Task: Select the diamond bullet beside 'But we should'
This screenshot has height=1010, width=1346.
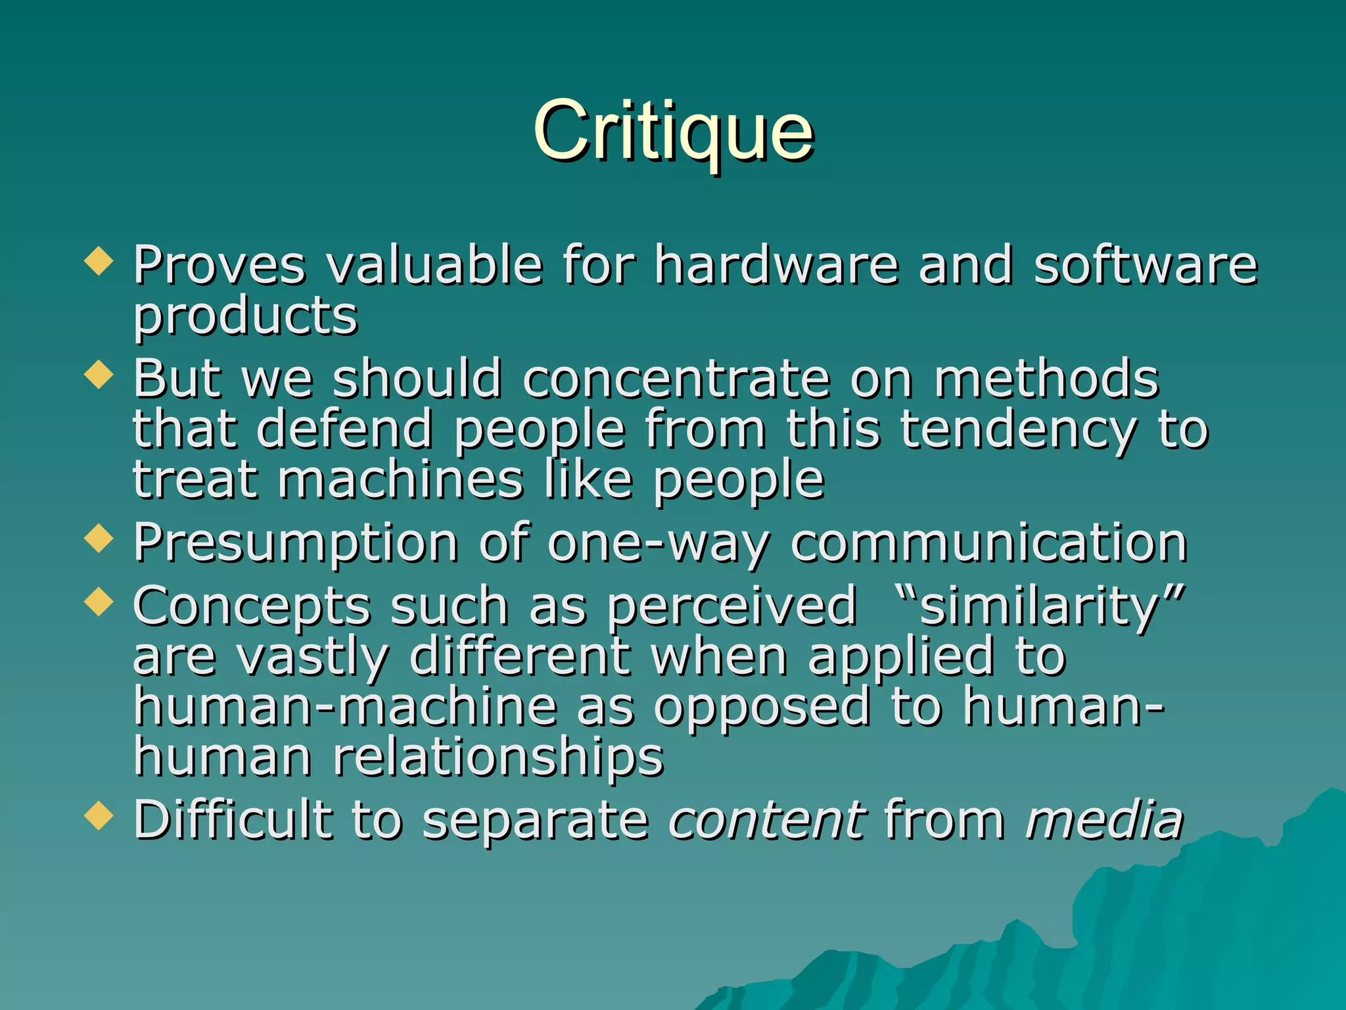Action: click(99, 375)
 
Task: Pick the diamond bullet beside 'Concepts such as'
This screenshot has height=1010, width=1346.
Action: click(99, 602)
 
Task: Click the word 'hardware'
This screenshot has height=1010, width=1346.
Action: click(776, 264)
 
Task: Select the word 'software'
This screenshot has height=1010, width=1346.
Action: click(1145, 264)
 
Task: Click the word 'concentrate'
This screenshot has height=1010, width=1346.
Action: click(676, 379)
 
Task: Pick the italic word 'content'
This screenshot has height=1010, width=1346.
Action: click(766, 820)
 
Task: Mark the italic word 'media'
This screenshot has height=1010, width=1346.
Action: click(1104, 820)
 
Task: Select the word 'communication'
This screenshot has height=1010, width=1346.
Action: click(988, 543)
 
